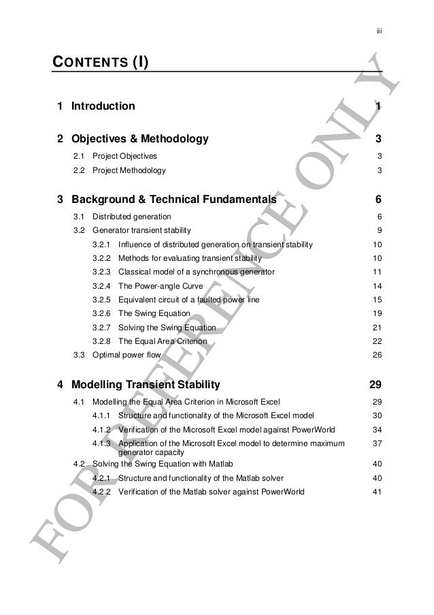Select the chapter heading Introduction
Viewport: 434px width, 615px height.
103,106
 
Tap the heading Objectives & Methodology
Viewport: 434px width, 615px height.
139,140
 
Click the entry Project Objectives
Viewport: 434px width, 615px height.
124,157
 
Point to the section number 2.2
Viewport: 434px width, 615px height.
80,171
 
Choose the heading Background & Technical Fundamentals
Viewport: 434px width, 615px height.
173,200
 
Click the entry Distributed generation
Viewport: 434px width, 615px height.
132,217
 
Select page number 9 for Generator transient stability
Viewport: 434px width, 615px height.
378,230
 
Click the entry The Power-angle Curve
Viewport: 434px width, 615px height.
161,286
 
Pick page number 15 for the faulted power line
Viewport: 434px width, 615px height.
377,300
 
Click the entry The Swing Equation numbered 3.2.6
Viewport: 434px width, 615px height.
154,313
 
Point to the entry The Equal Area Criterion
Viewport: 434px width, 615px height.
164,341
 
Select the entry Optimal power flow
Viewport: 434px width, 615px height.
127,355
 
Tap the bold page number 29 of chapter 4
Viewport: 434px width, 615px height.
375,384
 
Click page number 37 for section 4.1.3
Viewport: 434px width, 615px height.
377,443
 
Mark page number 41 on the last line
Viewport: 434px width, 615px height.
377,491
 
